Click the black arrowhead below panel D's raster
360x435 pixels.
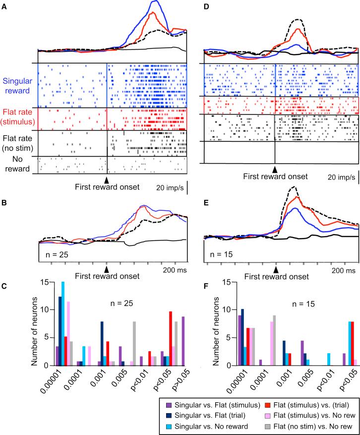click(274, 168)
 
